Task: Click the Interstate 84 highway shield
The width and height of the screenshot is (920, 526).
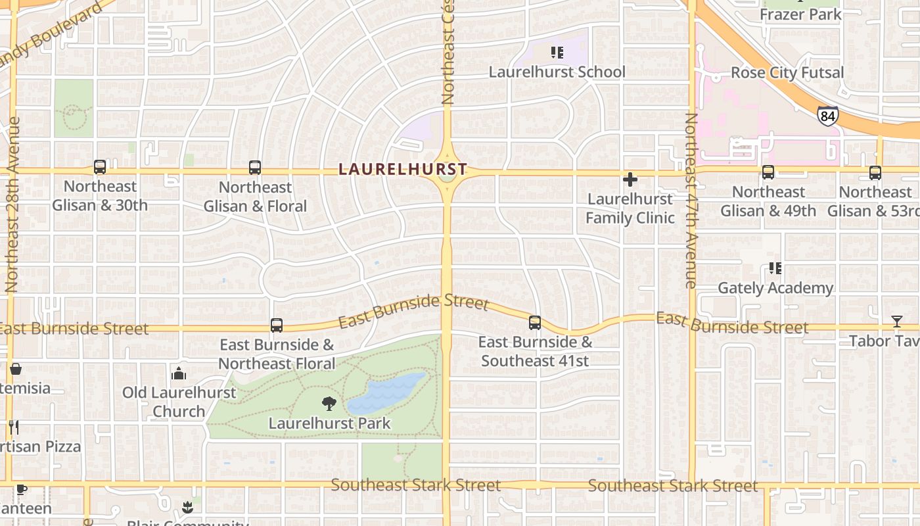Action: point(828,116)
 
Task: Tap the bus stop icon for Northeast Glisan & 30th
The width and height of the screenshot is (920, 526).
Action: point(100,167)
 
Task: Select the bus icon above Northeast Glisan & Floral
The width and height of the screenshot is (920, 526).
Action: point(255,168)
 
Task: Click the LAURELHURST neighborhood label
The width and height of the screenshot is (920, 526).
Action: point(402,169)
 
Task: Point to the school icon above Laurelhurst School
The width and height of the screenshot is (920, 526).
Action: point(557,52)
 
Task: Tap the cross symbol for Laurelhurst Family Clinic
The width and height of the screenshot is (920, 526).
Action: point(630,179)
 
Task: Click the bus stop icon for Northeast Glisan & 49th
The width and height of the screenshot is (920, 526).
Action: point(768,172)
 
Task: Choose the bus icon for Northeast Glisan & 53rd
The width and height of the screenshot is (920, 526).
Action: point(875,172)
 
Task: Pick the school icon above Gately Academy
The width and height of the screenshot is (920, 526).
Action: point(775,268)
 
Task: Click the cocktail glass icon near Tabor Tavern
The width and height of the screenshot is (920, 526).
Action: point(897,322)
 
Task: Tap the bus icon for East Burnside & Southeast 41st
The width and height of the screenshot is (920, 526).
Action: point(535,323)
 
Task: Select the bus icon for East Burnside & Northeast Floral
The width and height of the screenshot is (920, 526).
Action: point(277,325)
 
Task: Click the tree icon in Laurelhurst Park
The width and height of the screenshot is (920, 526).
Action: point(329,404)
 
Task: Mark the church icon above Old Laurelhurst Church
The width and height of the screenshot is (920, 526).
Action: point(179,374)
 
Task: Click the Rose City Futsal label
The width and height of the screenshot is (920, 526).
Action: point(787,72)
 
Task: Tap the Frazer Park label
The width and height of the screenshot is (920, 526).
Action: point(800,14)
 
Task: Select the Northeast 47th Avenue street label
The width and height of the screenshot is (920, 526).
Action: point(691,201)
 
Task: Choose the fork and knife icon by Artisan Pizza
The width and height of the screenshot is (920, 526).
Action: point(13,427)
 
